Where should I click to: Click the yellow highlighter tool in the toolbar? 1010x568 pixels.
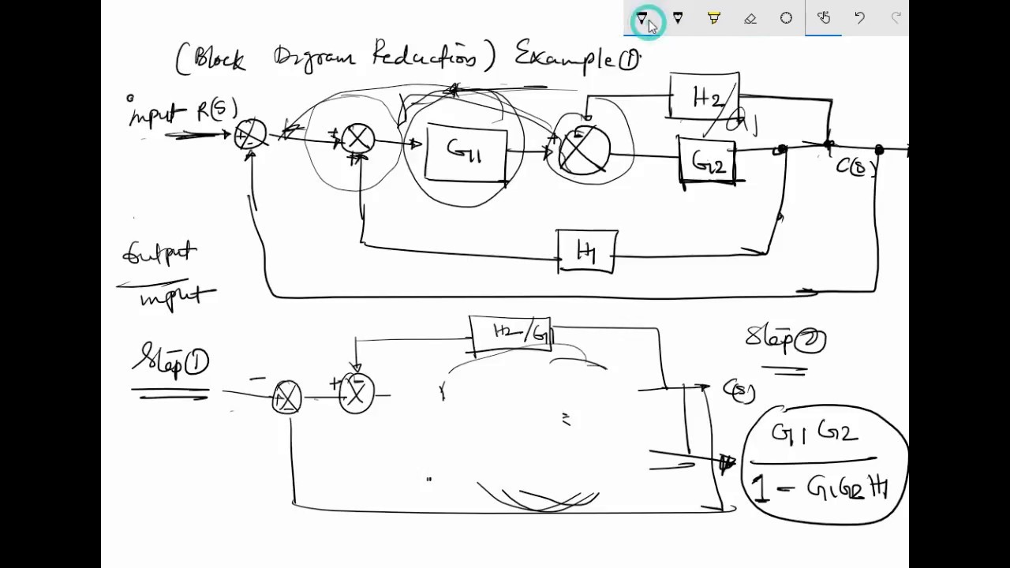point(714,18)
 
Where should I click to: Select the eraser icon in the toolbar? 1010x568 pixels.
point(750,18)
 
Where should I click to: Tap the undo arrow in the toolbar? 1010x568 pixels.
point(859,18)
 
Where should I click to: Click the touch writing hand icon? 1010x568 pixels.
point(823,18)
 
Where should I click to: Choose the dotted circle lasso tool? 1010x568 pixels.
point(787,18)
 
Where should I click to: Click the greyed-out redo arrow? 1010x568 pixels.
point(896,18)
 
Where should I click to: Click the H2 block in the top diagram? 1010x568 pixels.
point(705,97)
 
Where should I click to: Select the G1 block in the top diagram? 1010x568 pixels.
point(466,151)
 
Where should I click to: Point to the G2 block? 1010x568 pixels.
point(708,163)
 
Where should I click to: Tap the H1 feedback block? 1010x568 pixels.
point(587,252)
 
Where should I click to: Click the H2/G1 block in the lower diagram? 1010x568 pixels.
point(511,332)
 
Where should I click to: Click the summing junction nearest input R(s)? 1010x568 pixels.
point(251,136)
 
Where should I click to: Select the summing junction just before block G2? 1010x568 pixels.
point(584,149)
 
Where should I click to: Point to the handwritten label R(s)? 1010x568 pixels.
point(217,110)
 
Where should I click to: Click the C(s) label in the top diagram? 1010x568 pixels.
point(856,166)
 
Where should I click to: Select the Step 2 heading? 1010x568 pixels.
point(785,339)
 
